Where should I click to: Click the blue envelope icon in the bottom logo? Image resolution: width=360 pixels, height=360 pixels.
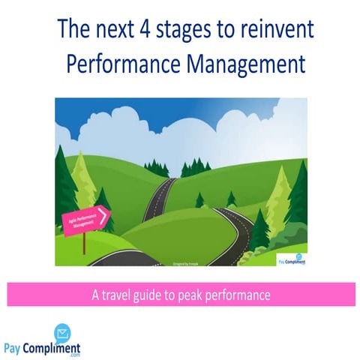(62, 333)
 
